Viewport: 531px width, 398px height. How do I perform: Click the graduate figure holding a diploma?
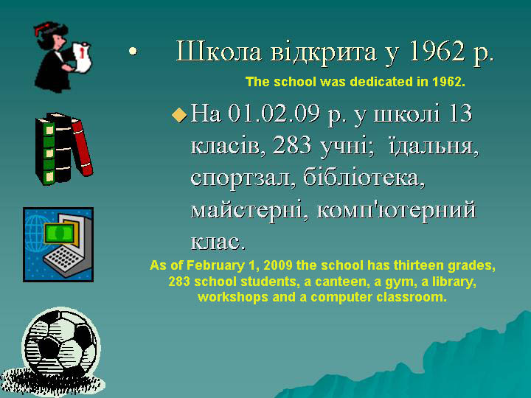[62, 57]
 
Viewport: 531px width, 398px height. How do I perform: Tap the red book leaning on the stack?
[83, 147]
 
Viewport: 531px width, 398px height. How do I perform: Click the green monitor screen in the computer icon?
[59, 232]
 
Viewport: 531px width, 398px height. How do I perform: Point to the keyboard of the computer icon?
[63, 261]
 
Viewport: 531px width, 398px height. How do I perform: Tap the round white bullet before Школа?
[133, 52]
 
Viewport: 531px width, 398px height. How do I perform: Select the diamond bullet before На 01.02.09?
[179, 114]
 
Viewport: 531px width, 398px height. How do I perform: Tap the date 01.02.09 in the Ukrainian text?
[274, 113]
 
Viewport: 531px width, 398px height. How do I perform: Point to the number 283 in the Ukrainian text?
[292, 145]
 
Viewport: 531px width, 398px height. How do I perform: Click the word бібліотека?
[364, 177]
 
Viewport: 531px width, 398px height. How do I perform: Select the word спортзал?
[240, 178]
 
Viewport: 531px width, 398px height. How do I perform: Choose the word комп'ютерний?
[397, 210]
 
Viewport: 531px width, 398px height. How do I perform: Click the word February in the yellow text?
[215, 265]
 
